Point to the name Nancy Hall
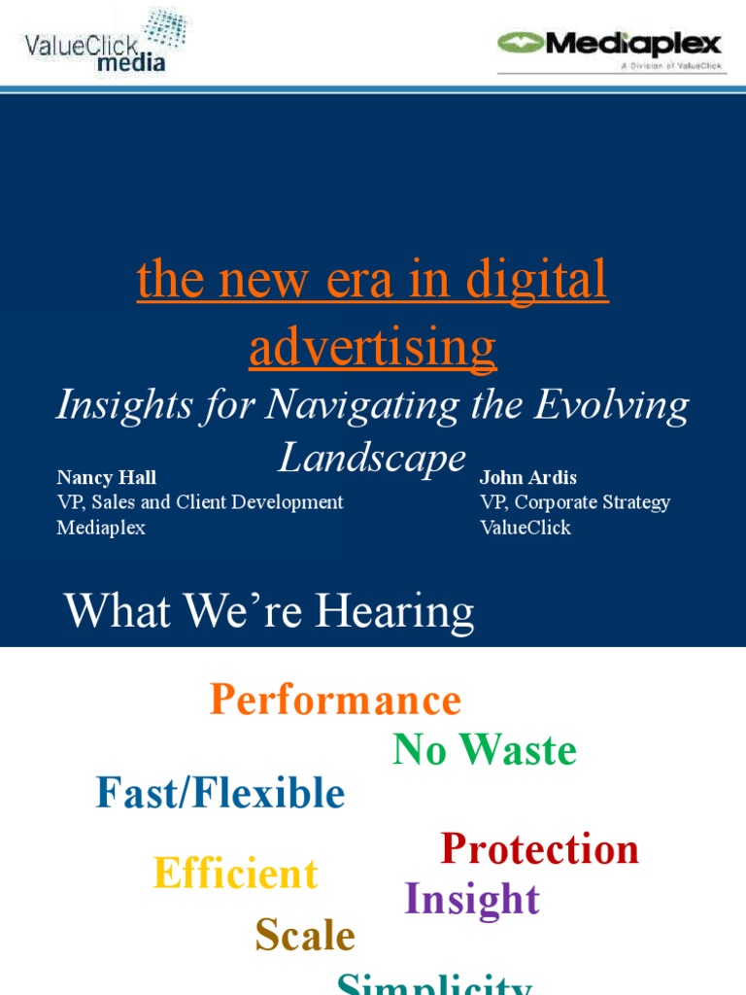pos(106,477)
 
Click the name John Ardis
pos(527,477)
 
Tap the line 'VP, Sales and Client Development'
pos(200,502)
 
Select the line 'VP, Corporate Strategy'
pos(575,502)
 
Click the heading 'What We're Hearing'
pos(269,612)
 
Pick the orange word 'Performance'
pos(335,700)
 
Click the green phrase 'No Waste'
pos(485,750)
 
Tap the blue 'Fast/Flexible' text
pos(220,794)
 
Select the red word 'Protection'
pos(540,848)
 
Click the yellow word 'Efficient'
pos(236,874)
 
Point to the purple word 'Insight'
pos(472,899)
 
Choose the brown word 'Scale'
pos(305,936)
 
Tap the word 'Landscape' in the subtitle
pos(372,458)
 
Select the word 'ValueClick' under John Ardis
pos(526,528)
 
